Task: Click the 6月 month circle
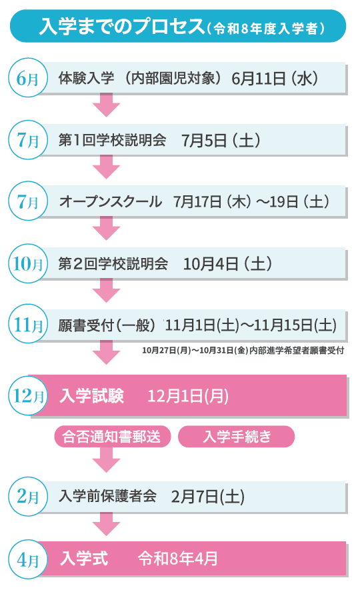pyautogui.click(x=28, y=78)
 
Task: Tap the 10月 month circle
pyautogui.click(x=28, y=263)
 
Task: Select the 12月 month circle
pyautogui.click(x=28, y=395)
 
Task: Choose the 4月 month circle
pyautogui.click(x=28, y=560)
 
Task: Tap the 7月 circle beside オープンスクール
pyautogui.click(x=28, y=201)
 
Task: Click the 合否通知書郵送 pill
pyautogui.click(x=112, y=437)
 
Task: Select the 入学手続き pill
pyautogui.click(x=236, y=437)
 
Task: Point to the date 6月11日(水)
pyautogui.click(x=275, y=78)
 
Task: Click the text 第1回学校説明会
pyautogui.click(x=112, y=140)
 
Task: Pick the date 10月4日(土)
pyautogui.click(x=227, y=264)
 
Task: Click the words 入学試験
pyautogui.click(x=92, y=396)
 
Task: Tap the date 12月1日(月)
pyautogui.click(x=188, y=396)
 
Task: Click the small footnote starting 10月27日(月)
pyautogui.click(x=243, y=351)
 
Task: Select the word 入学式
pyautogui.click(x=84, y=559)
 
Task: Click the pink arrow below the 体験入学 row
pyautogui.click(x=107, y=105)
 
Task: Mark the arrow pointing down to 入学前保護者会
pyautogui.click(x=107, y=460)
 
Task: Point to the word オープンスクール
pyautogui.click(x=111, y=202)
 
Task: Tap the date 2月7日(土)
pyautogui.click(x=208, y=497)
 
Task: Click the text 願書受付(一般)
pyautogui.click(x=107, y=325)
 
